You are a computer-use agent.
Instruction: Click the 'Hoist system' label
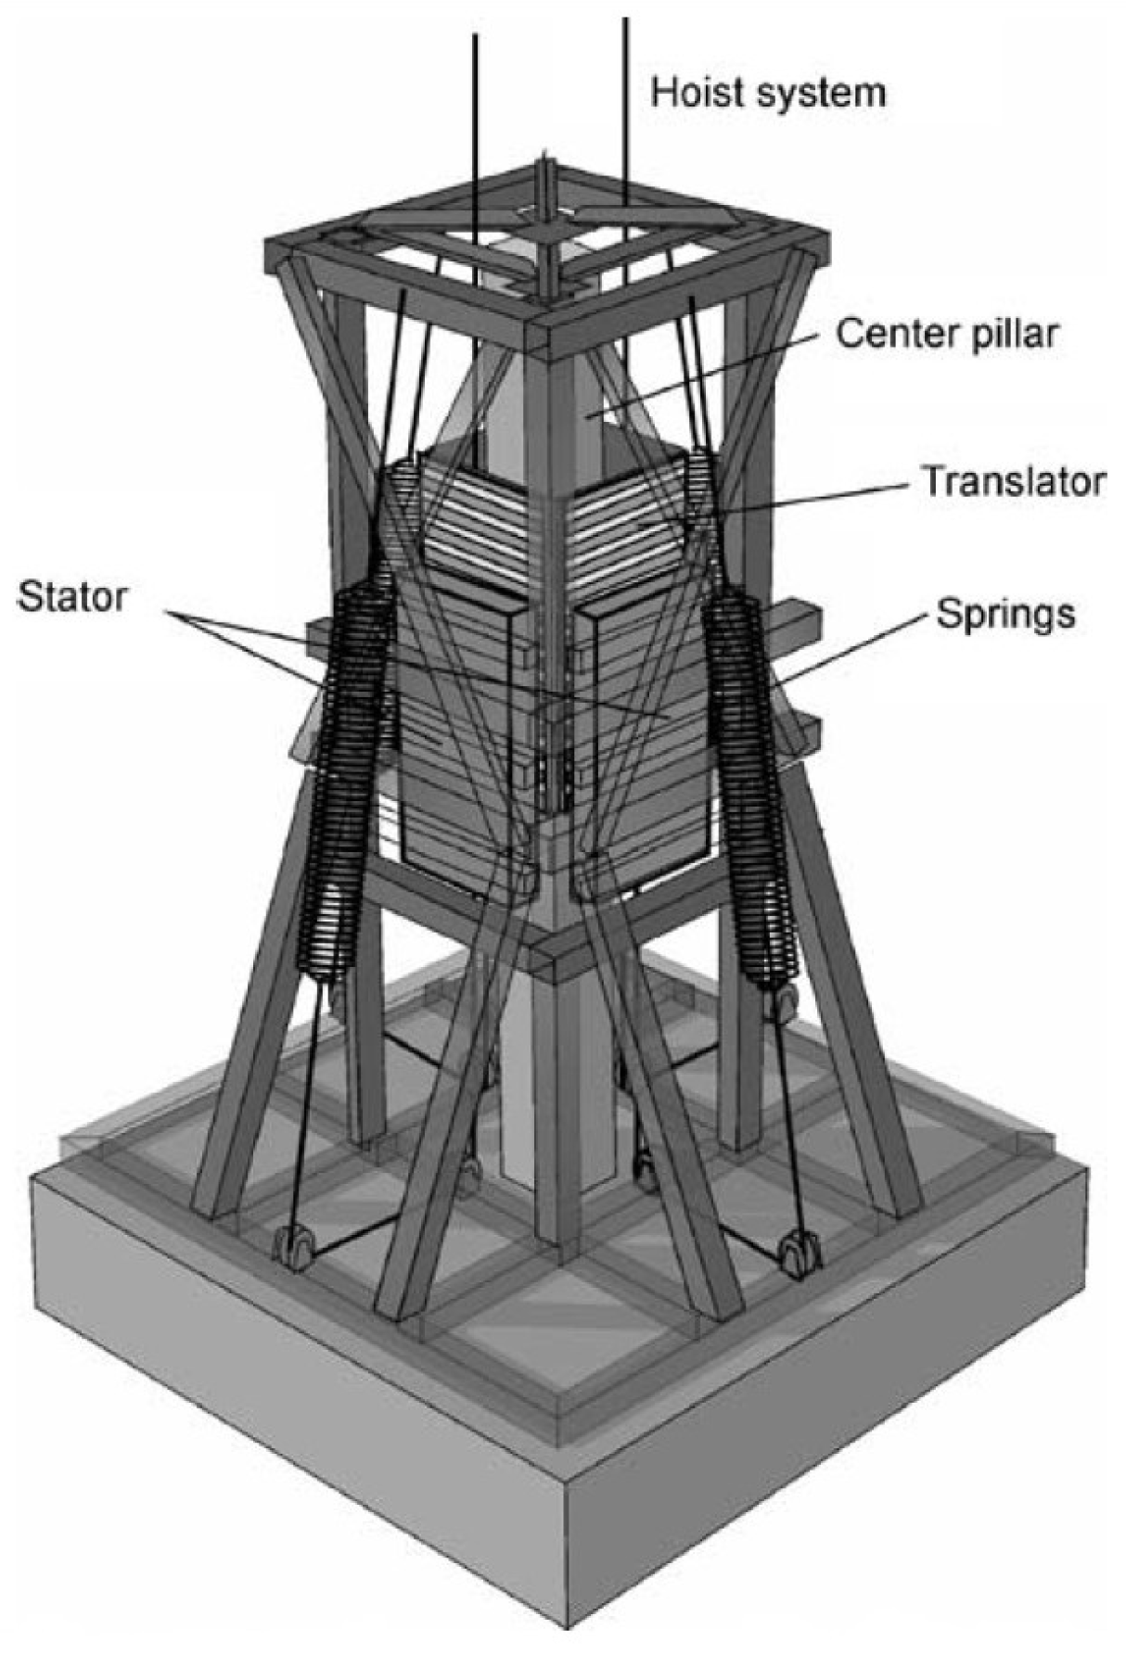tap(767, 92)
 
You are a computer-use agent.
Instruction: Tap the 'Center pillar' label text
tap(945, 334)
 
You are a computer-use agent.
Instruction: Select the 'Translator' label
tap(1012, 481)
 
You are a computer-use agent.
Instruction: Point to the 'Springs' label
tap(1005, 613)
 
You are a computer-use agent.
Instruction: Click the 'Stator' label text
tap(71, 596)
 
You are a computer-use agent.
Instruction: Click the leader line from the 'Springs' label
tap(853, 649)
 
